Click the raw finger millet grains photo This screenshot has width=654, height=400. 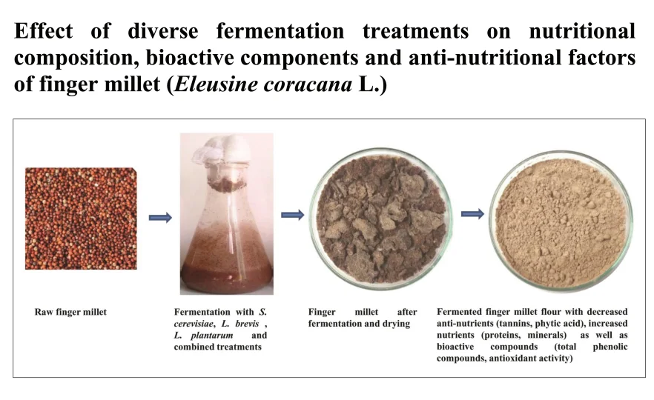81,219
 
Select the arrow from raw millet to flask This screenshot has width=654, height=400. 160,218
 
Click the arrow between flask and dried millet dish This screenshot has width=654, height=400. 292,215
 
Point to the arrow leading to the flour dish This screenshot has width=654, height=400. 472,214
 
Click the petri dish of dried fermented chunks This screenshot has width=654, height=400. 381,219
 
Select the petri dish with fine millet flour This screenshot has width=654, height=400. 561,220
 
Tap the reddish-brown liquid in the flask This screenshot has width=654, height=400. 227,274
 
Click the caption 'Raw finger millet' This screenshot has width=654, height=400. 70,312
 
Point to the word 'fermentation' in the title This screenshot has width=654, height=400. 280,32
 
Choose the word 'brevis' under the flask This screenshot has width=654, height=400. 247,324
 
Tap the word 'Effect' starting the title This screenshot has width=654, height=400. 44,32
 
